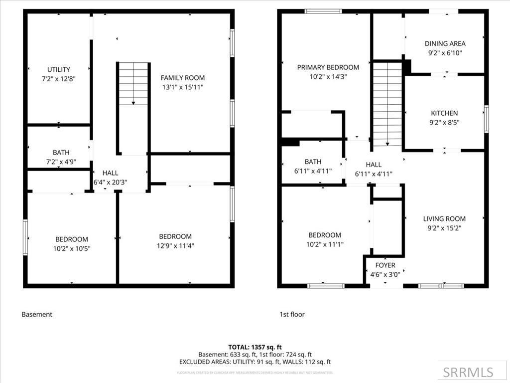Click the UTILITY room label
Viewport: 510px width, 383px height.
pyautogui.click(x=58, y=69)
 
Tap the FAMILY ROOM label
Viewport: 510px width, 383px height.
pyautogui.click(x=182, y=78)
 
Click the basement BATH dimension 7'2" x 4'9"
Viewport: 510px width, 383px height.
pyautogui.click(x=58, y=162)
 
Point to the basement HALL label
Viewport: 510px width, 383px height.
pyautogui.click(x=110, y=173)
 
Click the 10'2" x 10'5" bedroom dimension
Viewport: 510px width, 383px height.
pyautogui.click(x=72, y=248)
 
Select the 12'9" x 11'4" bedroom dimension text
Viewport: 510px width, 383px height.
pyautogui.click(x=175, y=245)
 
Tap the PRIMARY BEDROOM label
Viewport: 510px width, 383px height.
pyautogui.click(x=328, y=67)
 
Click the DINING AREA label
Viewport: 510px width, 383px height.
pyautogui.click(x=445, y=44)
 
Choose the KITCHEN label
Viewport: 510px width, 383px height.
pyautogui.click(x=444, y=113)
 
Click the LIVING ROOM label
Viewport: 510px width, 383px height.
pyautogui.click(x=444, y=218)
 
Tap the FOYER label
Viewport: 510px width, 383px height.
pyautogui.click(x=385, y=265)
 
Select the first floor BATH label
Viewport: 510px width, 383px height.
pyautogui.click(x=313, y=162)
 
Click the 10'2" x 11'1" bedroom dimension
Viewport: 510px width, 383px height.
pyautogui.click(x=325, y=244)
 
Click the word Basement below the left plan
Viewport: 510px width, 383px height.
pyautogui.click(x=37, y=315)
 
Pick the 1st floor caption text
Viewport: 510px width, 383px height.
pyautogui.click(x=292, y=315)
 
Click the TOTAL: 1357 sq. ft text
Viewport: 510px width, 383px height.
pyautogui.click(x=255, y=347)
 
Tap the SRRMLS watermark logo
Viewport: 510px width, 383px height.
pyautogui.click(x=468, y=372)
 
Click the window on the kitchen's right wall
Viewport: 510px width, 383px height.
pyautogui.click(x=486, y=119)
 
